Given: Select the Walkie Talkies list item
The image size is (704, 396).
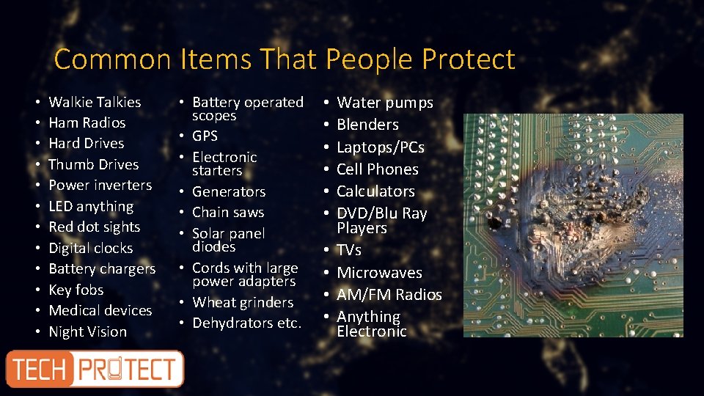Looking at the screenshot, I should click(95, 102).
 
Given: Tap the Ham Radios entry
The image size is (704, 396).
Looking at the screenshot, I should click(87, 122).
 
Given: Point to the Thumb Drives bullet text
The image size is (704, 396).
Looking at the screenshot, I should click(93, 164).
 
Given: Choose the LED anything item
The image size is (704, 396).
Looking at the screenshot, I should click(91, 207).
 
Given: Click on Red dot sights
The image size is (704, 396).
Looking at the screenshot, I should click(94, 227).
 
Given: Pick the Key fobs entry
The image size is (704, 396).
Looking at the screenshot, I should click(76, 290).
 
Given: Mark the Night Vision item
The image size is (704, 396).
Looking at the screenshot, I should click(87, 331).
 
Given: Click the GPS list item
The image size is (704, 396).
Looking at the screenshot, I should click(205, 136).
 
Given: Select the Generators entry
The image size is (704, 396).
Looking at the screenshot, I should click(228, 191).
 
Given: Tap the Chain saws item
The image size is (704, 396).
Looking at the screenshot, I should click(227, 213).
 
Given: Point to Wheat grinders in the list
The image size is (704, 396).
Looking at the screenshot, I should click(242, 302).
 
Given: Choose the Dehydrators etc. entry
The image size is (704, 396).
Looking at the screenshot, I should click(246, 323).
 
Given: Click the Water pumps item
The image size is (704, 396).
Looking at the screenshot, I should click(384, 103).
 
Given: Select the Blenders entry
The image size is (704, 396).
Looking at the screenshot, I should click(367, 125).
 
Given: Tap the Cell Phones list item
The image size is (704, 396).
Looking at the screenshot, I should click(377, 169).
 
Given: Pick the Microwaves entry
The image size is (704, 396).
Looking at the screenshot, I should click(379, 273).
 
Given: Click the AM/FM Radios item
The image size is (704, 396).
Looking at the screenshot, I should click(389, 295).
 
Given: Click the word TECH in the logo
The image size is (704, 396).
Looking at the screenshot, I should click(40, 369).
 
